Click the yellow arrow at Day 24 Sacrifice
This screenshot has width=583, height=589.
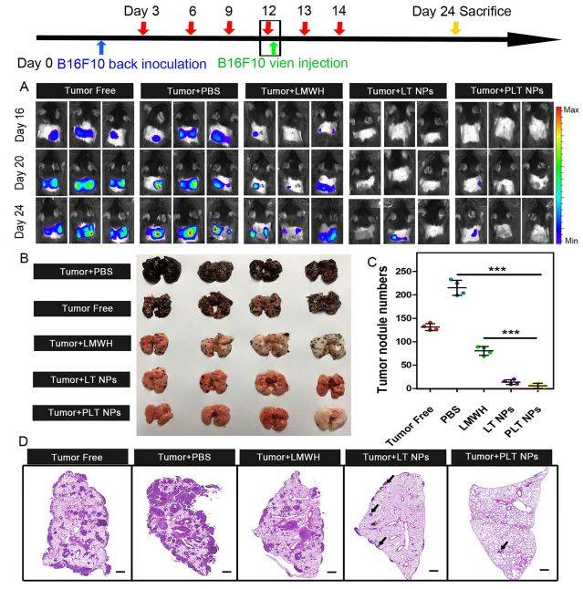pos(455,28)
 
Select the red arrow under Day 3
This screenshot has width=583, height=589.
pos(144,28)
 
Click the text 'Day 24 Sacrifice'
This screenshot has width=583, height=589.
pos(461,11)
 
